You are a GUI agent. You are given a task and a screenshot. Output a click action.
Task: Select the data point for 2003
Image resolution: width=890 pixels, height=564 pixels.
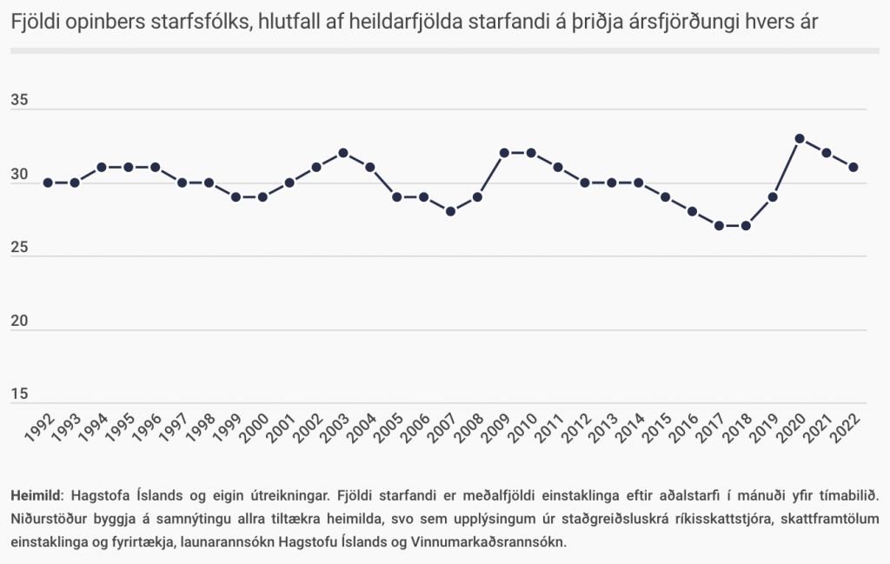tap(343, 153)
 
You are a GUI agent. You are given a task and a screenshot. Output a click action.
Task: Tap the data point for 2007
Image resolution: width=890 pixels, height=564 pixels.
tap(450, 211)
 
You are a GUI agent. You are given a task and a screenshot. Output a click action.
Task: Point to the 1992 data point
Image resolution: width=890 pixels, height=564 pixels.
tap(49, 182)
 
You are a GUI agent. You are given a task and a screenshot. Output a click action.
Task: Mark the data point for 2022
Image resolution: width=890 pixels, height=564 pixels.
tap(853, 167)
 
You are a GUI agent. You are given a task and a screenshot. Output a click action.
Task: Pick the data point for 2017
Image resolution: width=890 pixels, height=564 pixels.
tap(719, 226)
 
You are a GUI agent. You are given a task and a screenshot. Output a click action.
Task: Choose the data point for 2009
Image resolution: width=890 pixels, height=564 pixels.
tap(504, 153)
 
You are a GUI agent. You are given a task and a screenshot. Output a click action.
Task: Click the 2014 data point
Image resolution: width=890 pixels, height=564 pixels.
tap(638, 182)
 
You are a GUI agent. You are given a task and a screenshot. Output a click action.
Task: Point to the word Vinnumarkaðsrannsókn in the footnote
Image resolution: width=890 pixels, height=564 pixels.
tap(491, 541)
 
